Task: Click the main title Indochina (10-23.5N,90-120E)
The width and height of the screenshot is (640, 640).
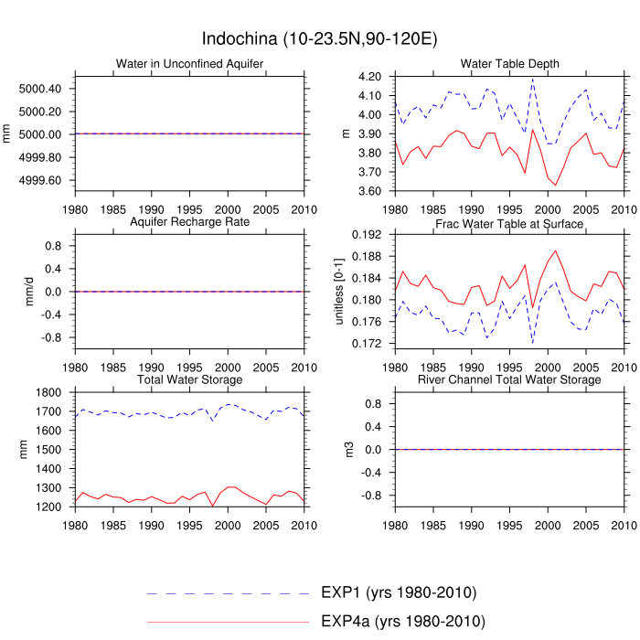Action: (319, 39)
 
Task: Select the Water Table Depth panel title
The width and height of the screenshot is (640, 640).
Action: (509, 63)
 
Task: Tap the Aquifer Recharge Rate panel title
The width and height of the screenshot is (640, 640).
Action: (189, 222)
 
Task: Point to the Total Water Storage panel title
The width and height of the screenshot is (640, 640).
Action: (189, 379)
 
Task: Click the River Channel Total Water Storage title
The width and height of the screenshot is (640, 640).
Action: (509, 379)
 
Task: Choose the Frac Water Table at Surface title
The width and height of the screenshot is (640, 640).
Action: (509, 223)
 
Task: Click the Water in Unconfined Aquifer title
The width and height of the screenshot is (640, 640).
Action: (189, 63)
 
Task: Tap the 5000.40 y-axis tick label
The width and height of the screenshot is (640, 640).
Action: (39, 89)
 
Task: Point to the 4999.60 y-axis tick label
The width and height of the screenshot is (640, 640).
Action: (39, 180)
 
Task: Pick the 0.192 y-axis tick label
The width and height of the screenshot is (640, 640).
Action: (368, 235)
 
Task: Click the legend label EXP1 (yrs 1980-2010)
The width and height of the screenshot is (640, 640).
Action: (399, 592)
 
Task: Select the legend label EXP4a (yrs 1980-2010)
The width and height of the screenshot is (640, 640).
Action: (402, 622)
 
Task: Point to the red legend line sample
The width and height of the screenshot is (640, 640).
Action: (228, 622)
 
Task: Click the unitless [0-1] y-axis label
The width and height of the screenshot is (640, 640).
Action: (339, 291)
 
